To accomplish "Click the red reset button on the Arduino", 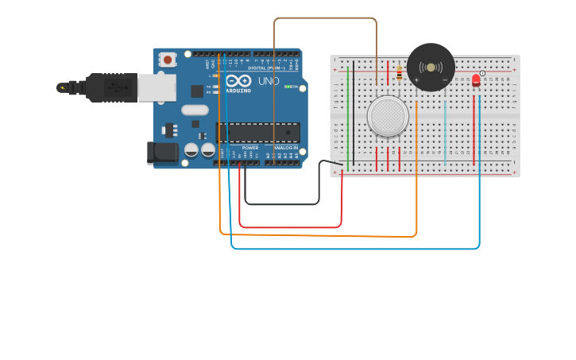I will pos(168,60).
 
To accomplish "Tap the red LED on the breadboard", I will pos(476,79).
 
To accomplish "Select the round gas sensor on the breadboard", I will pos(388,116).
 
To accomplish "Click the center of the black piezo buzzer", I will pos(431,67).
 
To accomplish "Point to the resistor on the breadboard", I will pos(399,74).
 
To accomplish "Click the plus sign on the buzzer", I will pos(416,80).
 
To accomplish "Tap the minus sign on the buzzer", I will pos(444,80).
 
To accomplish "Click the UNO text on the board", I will pos(269,81).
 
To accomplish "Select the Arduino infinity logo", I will pos(238,81).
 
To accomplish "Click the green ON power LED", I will pos(288,87).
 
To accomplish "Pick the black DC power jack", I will pos(162,153).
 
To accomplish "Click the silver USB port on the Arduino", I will pos(157,87).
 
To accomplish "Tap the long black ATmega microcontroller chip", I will pos(258,133).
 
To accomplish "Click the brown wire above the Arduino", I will pos(326,17).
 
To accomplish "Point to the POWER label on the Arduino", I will pos(250,148).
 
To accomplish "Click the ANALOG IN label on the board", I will pos(286,148).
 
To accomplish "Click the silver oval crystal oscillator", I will pos(195,110).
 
